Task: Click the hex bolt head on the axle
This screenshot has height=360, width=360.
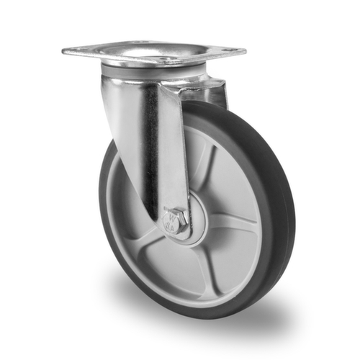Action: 176,220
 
